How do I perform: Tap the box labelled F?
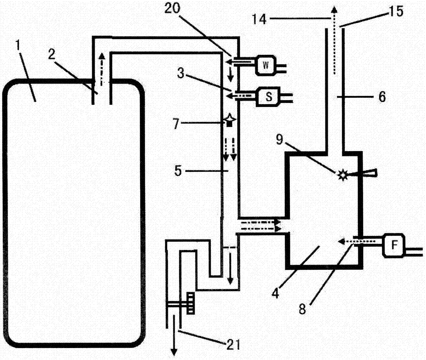pyautogui.click(x=394, y=246)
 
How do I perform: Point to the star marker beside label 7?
pyautogui.click(x=230, y=120)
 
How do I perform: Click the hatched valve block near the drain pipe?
pyautogui.click(x=190, y=304)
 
